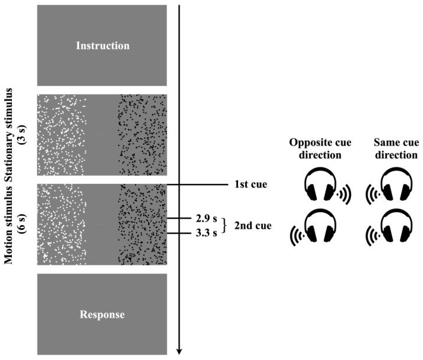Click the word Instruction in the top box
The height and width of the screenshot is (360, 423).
tap(103, 46)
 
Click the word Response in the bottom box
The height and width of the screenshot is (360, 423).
tap(103, 314)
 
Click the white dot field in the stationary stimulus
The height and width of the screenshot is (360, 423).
tap(61, 135)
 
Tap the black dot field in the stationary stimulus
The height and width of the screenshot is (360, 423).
tap(142, 135)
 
